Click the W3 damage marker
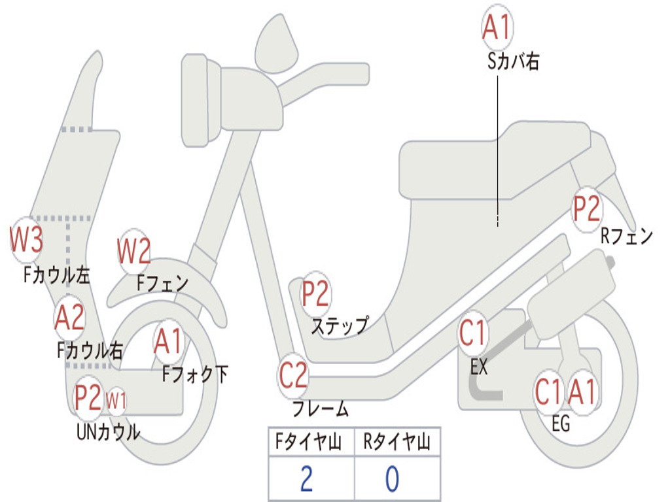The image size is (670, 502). pyautogui.click(x=26, y=240)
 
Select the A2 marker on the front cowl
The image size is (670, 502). pyautogui.click(x=69, y=318)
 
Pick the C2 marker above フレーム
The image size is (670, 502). pyautogui.click(x=293, y=376)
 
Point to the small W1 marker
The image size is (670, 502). pyautogui.click(x=116, y=400)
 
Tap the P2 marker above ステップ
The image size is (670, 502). pyautogui.click(x=315, y=294)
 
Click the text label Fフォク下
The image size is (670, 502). pyautogui.click(x=195, y=375)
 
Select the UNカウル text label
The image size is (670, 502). pyautogui.click(x=108, y=432)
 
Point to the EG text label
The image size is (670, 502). pyautogui.click(x=561, y=424)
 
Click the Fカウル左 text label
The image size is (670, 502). pyautogui.click(x=57, y=275)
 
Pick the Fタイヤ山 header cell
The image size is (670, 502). pyautogui.click(x=310, y=443)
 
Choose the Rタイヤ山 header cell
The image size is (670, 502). pyautogui.click(x=397, y=443)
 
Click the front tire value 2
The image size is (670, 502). pyautogui.click(x=306, y=479)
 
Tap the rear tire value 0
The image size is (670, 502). pyautogui.click(x=393, y=479)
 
